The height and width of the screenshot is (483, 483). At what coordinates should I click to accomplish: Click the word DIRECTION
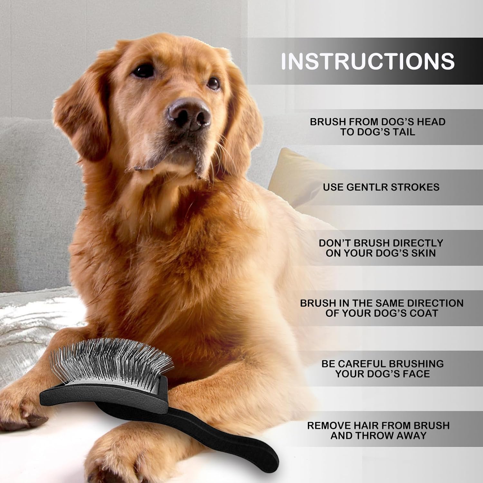coord(435,303)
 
